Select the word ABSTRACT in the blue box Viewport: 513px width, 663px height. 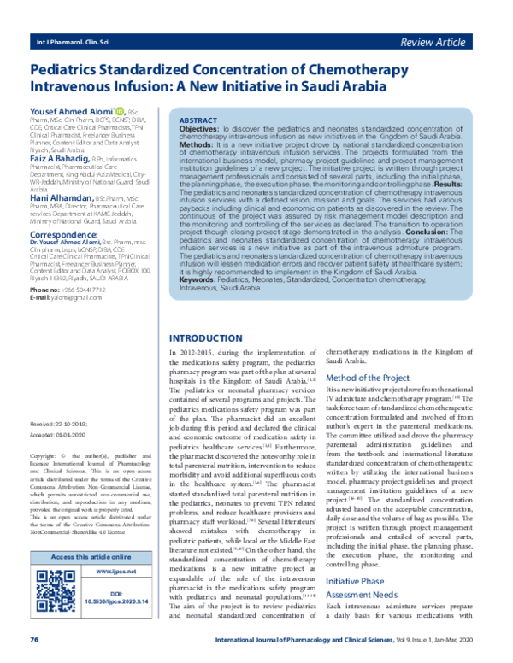click(198, 122)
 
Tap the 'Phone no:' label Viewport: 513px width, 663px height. click(45, 290)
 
